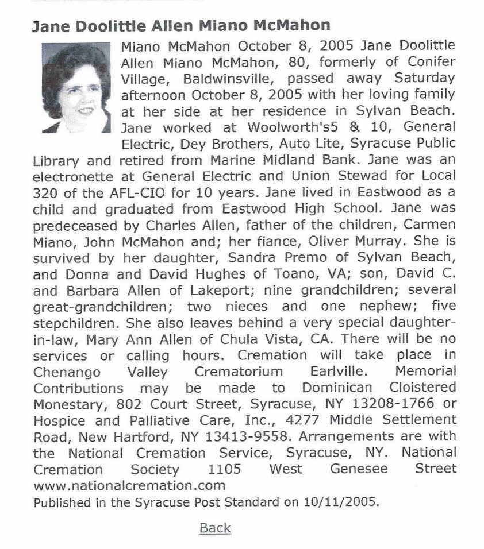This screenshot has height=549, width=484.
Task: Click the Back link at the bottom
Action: click(215, 528)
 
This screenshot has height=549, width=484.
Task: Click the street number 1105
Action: click(224, 469)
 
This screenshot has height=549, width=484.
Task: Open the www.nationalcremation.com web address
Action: click(129, 485)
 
